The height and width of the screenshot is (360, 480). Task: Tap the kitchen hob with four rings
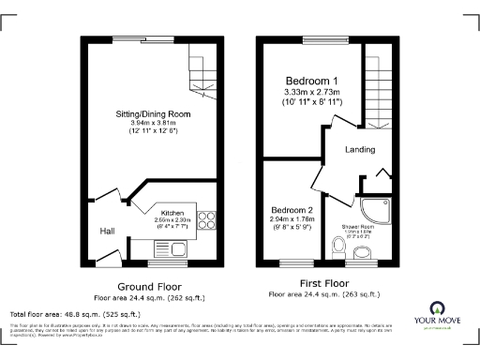coord(207,222)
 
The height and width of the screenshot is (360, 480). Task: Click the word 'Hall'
coord(108,231)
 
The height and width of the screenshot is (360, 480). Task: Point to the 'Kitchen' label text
coord(172,213)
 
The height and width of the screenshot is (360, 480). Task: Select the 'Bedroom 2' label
coord(292,210)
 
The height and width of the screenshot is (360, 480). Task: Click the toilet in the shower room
coord(338,247)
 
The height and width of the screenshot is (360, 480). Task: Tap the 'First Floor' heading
coord(325,283)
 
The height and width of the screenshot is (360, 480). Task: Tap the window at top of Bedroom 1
coord(323,39)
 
